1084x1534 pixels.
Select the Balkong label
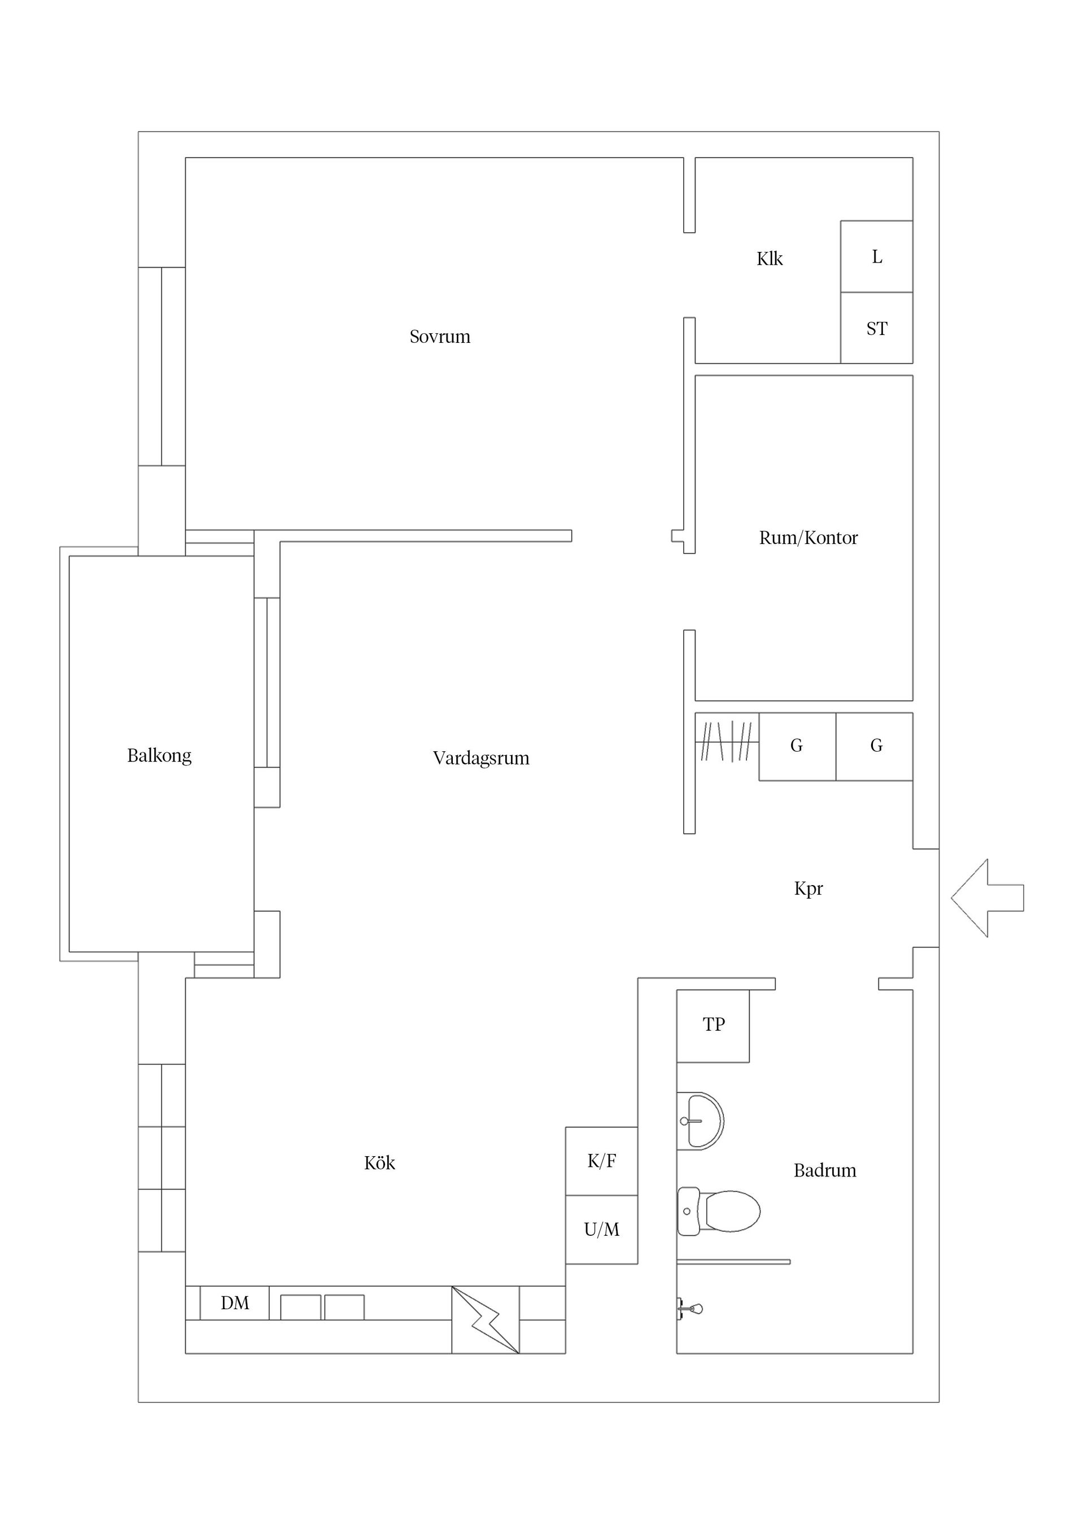pos(159,756)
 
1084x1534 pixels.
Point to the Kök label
pos(379,1162)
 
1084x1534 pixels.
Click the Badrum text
pos(825,1170)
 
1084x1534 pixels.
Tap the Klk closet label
pos(770,259)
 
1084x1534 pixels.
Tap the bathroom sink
pos(700,1121)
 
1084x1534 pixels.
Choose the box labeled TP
pos(713,1026)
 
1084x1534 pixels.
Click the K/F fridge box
pos(602,1161)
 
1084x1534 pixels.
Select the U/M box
pos(602,1230)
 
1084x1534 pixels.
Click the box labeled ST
pos(876,328)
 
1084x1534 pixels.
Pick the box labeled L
pos(876,256)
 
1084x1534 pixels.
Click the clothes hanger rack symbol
pos(727,741)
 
